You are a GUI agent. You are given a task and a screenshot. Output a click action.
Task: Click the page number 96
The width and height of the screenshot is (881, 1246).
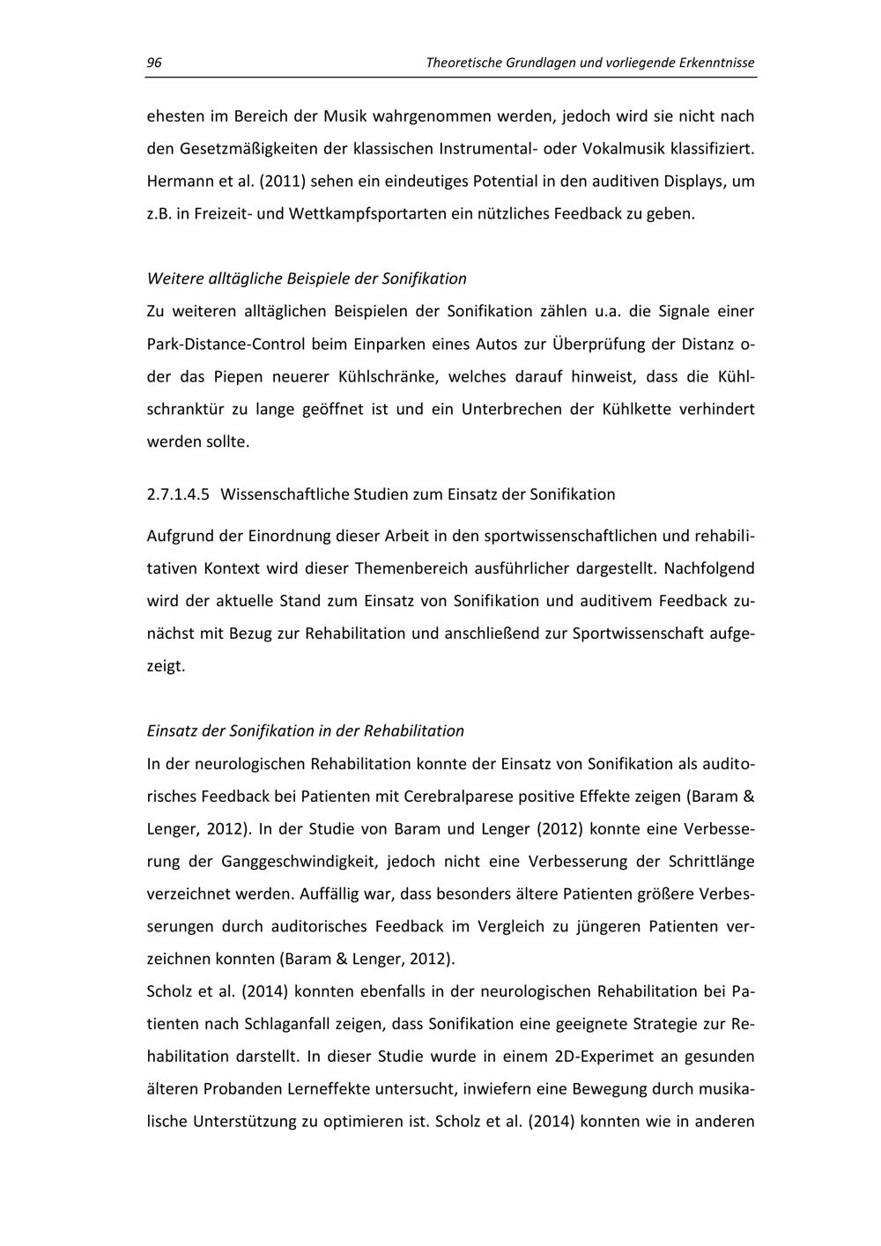tap(153, 63)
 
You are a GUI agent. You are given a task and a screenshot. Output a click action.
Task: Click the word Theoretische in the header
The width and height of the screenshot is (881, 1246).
tap(463, 63)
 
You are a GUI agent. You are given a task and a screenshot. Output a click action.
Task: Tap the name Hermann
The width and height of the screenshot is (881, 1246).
tap(175, 181)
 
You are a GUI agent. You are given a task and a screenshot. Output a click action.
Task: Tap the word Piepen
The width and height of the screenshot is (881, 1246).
tap(238, 376)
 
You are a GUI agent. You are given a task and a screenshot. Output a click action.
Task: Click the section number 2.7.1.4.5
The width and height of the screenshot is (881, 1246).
tap(178, 493)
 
